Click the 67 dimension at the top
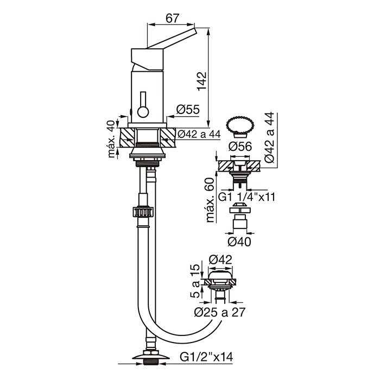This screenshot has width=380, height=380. (172, 18)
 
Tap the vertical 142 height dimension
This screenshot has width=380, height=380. (201, 81)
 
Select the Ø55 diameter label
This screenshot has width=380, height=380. (188, 109)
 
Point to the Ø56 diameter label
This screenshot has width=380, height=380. (240, 147)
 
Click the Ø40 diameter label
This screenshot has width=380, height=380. (239, 242)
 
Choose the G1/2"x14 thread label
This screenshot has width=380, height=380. (206, 357)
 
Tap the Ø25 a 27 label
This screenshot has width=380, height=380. (220, 312)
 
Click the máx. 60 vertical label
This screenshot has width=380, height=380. (210, 200)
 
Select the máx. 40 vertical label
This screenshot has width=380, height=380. (111, 140)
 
